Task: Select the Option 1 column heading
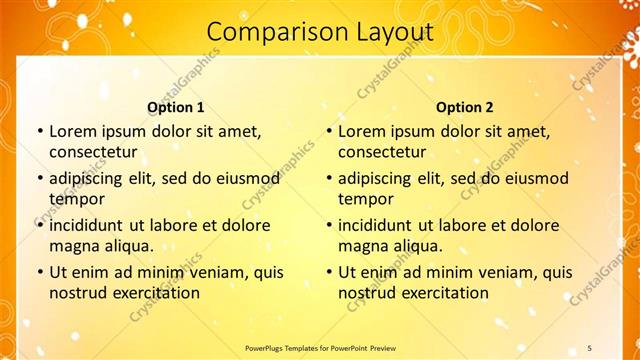point(176,107)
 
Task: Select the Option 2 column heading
point(465,107)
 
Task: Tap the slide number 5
point(589,347)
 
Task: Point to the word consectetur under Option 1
point(93,152)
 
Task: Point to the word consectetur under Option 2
point(382,152)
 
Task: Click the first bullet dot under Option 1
point(39,131)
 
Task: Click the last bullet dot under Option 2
point(328,272)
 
